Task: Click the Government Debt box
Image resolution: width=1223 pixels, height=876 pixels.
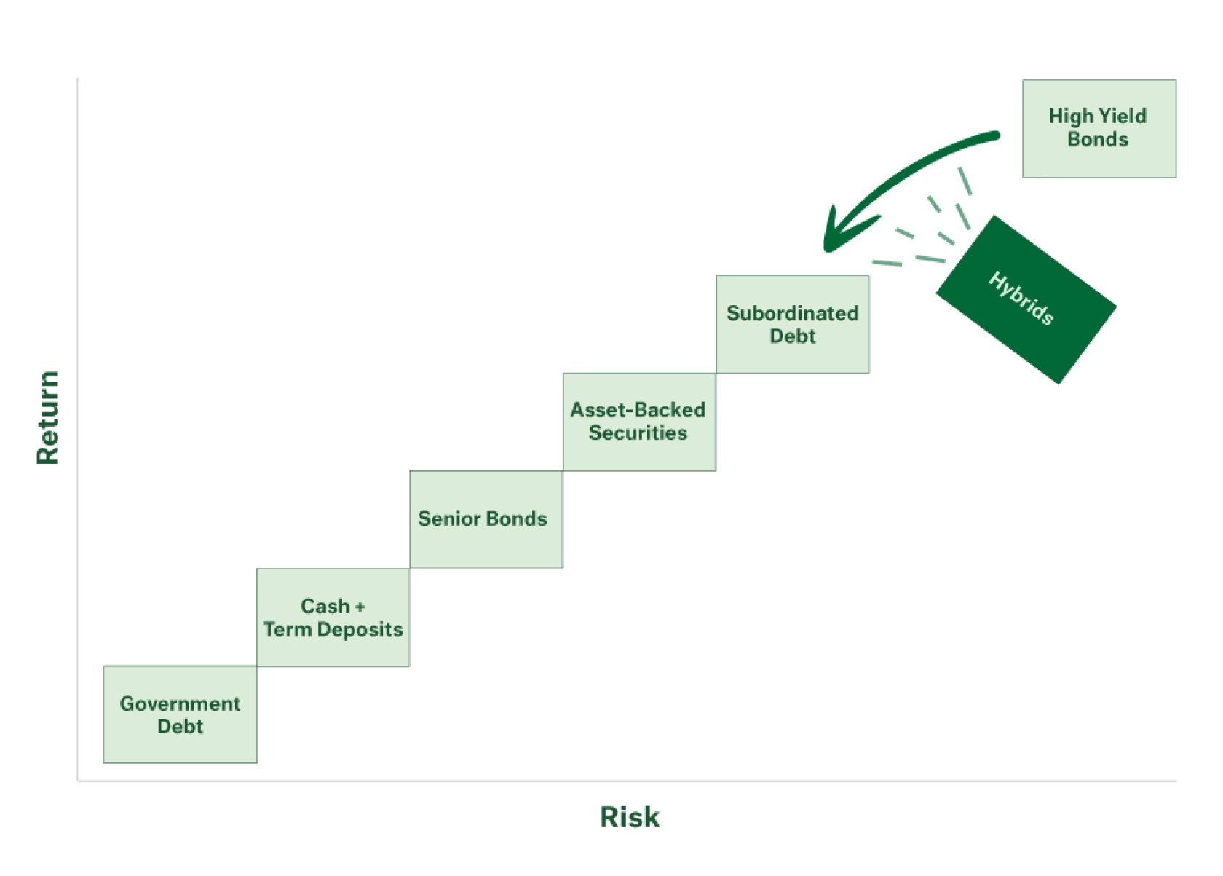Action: pyautogui.click(x=180, y=715)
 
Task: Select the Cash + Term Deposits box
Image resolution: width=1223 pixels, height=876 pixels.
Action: pyautogui.click(x=333, y=617)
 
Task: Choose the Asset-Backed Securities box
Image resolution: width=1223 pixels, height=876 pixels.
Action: pyautogui.click(x=638, y=421)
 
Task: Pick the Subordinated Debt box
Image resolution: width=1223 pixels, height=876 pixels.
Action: pyautogui.click(x=792, y=325)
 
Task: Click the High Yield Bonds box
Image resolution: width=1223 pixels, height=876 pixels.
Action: pyautogui.click(x=1098, y=127)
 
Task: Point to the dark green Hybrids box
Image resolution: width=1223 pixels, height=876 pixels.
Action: pyautogui.click(x=1026, y=299)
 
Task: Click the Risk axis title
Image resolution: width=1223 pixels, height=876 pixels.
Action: pyautogui.click(x=630, y=816)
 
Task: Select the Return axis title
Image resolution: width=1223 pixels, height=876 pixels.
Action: pyautogui.click(x=47, y=417)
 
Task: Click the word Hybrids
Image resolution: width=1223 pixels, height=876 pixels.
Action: pyautogui.click(x=1021, y=298)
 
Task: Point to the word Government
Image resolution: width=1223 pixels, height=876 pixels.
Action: pyautogui.click(x=180, y=703)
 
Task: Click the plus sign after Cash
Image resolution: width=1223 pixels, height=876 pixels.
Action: pyautogui.click(x=360, y=607)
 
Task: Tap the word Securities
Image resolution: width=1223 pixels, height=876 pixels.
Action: pyautogui.click(x=638, y=433)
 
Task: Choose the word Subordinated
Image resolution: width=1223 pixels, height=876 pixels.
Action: pyautogui.click(x=792, y=313)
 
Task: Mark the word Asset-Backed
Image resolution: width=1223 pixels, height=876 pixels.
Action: pyautogui.click(x=638, y=410)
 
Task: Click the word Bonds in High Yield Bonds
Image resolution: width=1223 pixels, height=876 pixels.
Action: pyautogui.click(x=1098, y=140)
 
